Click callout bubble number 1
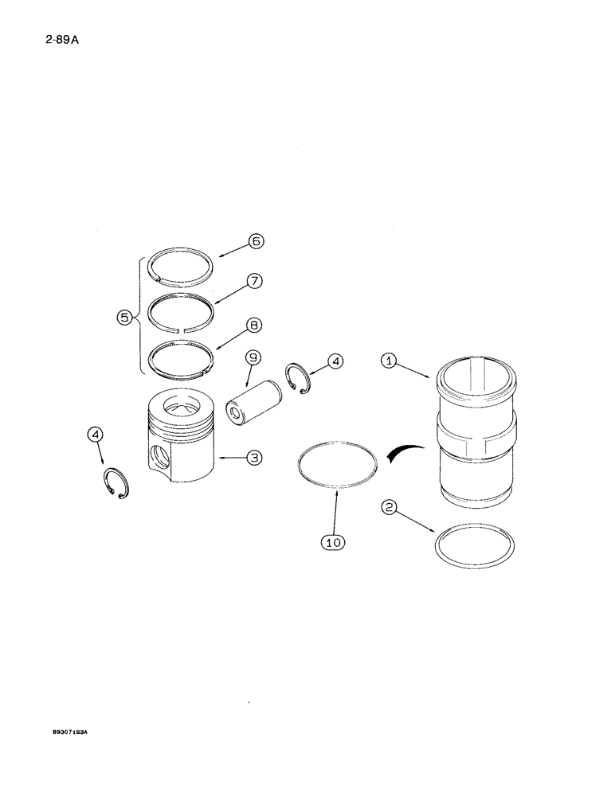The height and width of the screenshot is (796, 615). point(390,362)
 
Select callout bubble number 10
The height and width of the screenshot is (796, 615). point(334,542)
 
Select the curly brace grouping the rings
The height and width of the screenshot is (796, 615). point(142,316)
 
